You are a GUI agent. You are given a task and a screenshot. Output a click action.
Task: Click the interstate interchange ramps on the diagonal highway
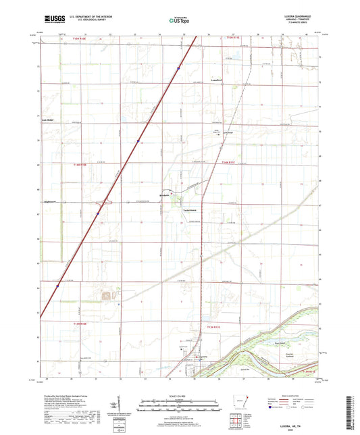pyautogui.click(x=103, y=201)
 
